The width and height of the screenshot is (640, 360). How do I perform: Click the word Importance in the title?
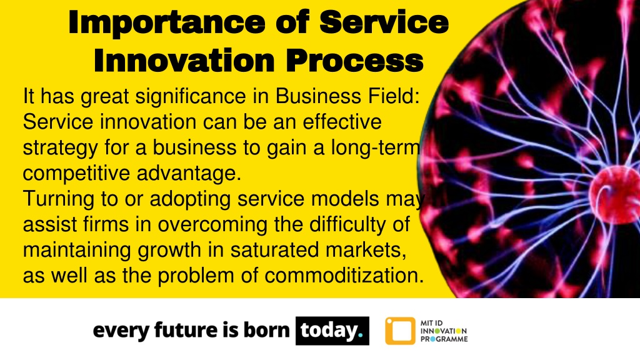(x=167, y=22)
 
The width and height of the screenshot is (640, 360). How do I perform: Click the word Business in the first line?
(x=318, y=96)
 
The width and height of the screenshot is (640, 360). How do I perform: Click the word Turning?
(x=59, y=199)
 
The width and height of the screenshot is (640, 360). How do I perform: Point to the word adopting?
(x=190, y=199)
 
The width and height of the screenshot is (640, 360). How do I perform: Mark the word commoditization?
(x=344, y=276)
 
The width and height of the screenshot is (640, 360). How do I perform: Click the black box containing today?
(x=332, y=331)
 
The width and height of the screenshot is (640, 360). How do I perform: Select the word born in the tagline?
(x=266, y=330)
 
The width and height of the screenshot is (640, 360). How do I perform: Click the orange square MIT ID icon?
(x=400, y=331)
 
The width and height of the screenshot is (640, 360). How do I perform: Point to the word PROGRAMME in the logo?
(x=444, y=339)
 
